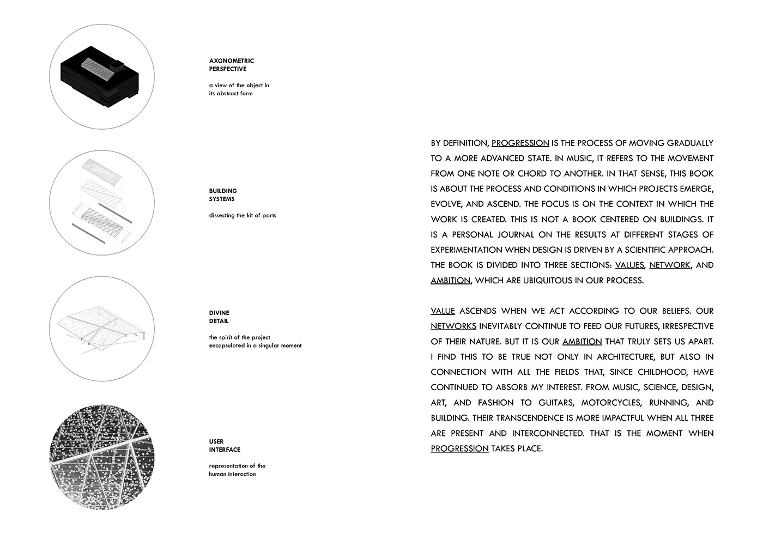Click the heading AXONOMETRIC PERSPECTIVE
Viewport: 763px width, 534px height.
pyautogui.click(x=231, y=65)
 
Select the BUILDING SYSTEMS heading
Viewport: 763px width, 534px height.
pyautogui.click(x=223, y=195)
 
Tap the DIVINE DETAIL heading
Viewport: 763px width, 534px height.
pyautogui.click(x=219, y=317)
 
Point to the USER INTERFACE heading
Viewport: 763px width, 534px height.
pyautogui.click(x=225, y=446)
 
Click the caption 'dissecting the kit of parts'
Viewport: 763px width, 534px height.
pyautogui.click(x=243, y=215)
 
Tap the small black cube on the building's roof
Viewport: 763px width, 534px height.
pyautogui.click(x=116, y=66)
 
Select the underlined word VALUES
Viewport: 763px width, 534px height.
pyautogui.click(x=629, y=265)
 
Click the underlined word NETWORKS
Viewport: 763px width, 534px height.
pyautogui.click(x=453, y=326)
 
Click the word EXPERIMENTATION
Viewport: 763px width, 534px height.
pyautogui.click(x=467, y=250)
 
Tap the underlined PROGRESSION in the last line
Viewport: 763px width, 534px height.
pyautogui.click(x=459, y=448)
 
